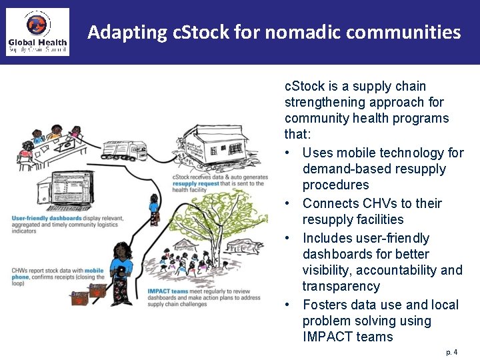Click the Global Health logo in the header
coord(38,31)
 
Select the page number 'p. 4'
coord(452,351)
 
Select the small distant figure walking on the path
coord(154,208)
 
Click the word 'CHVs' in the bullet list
coord(363,203)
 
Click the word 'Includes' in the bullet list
coord(326,238)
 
